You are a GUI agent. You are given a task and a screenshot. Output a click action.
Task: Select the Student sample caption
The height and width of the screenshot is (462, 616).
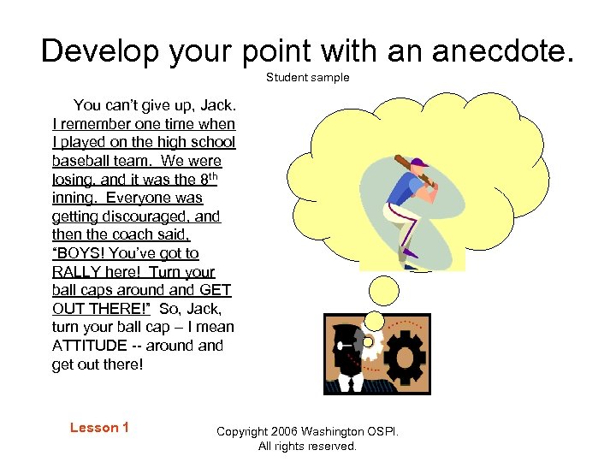click(x=307, y=78)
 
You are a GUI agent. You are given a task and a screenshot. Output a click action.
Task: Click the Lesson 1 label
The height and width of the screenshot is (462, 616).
click(x=99, y=428)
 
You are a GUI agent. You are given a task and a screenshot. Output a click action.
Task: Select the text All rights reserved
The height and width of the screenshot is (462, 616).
click(x=307, y=446)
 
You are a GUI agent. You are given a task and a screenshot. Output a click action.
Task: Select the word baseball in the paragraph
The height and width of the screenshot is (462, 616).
click(x=81, y=161)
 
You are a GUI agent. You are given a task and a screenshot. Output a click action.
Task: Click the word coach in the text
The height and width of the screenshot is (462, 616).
click(x=157, y=234)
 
